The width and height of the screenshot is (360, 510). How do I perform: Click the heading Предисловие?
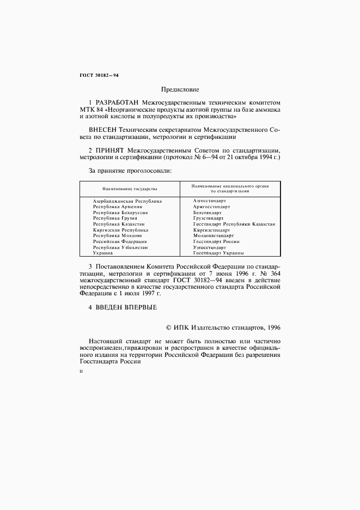pyautogui.click(x=180, y=89)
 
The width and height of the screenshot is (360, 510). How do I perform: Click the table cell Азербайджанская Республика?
pyautogui.click(x=127, y=201)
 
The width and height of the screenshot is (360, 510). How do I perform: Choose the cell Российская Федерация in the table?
pyautogui.click(x=120, y=241)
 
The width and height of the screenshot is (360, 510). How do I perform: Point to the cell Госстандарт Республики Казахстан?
pyautogui.click(x=234, y=224)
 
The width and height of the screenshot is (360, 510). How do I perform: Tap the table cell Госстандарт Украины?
pyautogui.click(x=218, y=253)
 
